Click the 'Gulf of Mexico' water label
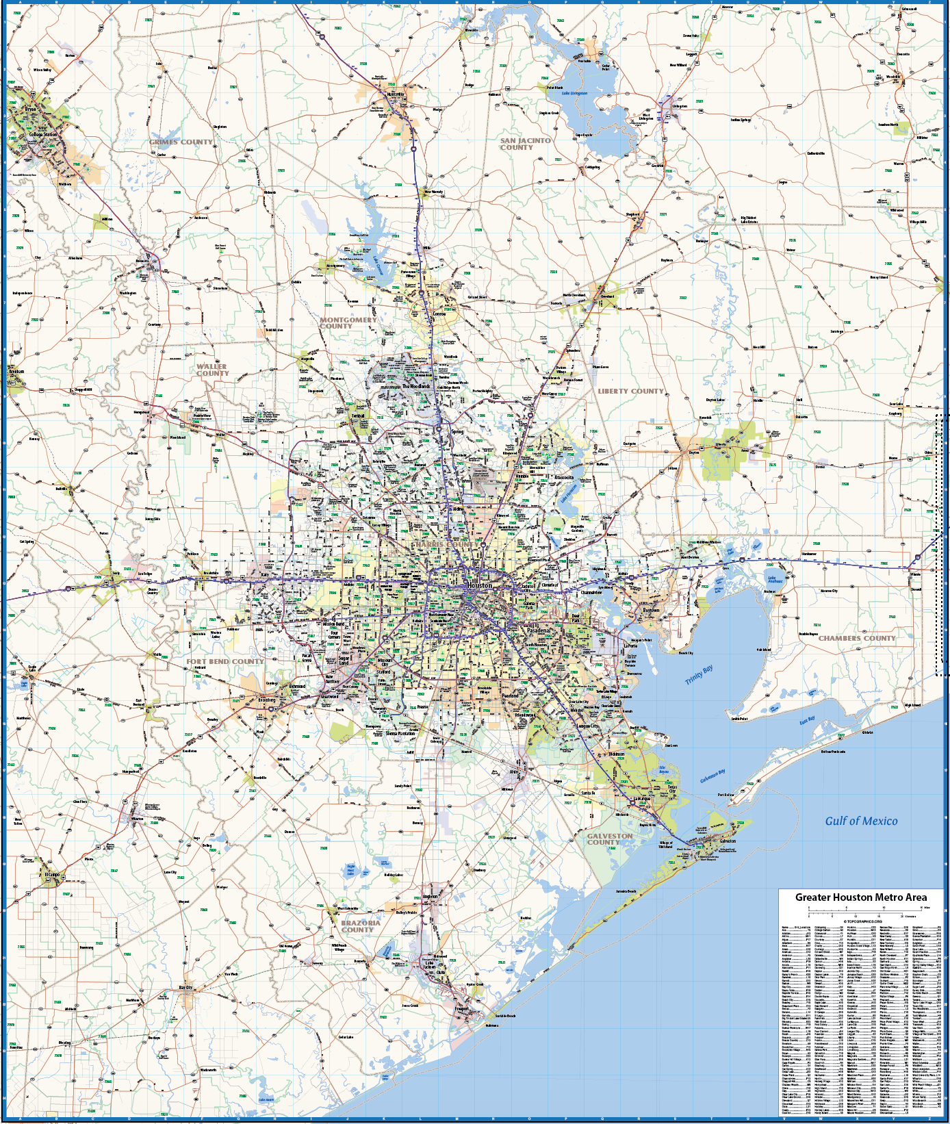click(861, 821)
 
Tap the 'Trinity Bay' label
click(699, 674)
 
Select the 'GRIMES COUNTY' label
click(181, 142)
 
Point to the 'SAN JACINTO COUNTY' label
click(525, 144)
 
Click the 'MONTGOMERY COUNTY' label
click(348, 323)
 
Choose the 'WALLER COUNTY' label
click(212, 370)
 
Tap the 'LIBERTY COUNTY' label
click(630, 391)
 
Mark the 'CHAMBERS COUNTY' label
click(857, 638)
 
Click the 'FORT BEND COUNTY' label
click(225, 661)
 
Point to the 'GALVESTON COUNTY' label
click(610, 839)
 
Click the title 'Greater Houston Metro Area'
click(861, 897)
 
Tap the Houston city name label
click(479, 585)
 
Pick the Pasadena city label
click(538, 630)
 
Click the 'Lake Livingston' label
click(574, 93)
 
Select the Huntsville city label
click(396, 94)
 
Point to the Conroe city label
click(439, 314)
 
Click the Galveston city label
click(728, 841)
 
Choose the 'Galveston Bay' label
click(712, 776)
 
